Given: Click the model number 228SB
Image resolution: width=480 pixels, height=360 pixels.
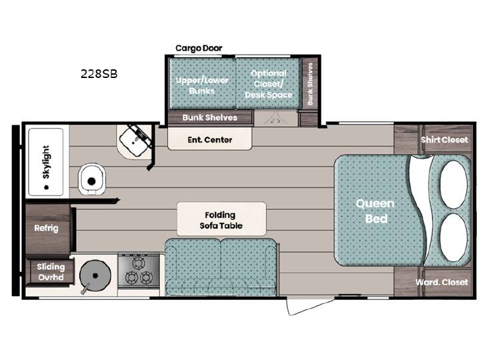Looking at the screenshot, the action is coord(99,74).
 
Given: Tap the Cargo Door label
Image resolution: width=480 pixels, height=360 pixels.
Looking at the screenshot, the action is coord(199,48).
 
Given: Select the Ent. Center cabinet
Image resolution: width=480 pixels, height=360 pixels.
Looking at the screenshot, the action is coord(210,139).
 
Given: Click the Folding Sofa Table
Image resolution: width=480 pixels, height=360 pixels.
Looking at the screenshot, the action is coord(221,219).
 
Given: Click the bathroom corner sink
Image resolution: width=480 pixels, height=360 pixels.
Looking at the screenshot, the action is coord(135,141).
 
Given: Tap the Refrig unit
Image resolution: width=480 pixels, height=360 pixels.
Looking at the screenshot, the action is coord(48,229).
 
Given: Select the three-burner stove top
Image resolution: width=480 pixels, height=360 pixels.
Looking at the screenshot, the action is coord(139,271).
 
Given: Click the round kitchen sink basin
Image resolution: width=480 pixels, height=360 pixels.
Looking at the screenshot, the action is coord(95,275).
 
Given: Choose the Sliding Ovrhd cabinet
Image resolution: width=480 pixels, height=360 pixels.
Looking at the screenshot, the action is coord(51,272).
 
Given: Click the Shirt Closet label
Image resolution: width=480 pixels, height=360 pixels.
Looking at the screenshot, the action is coord(444,140).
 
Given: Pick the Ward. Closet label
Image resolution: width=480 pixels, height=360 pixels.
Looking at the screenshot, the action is coord(441,282).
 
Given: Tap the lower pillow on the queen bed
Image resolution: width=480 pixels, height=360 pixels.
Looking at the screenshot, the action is coord(454,237).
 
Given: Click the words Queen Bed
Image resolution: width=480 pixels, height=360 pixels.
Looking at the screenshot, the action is coord(375,211).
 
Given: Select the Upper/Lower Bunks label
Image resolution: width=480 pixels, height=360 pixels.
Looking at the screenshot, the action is coord(202,85).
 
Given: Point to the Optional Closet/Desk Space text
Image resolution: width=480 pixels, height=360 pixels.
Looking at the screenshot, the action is coord(269,84).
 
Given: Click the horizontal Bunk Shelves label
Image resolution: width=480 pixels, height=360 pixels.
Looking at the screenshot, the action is coord(210,117).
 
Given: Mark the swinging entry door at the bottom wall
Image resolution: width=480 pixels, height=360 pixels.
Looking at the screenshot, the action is coord(310,306).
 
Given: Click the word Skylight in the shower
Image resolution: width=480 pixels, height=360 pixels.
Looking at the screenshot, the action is coord(46,162).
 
